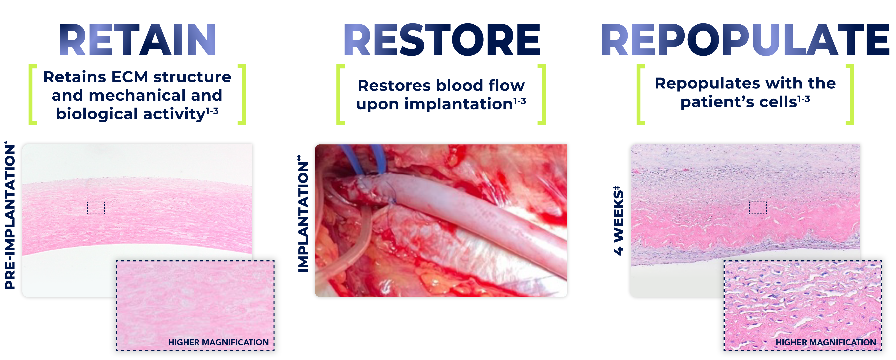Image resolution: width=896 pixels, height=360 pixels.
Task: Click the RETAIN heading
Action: click(x=137, y=40)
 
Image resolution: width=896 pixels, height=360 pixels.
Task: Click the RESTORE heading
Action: click(x=442, y=40)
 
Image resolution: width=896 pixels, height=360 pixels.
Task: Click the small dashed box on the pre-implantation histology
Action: click(x=96, y=208)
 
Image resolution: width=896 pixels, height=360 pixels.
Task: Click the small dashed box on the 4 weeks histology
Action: click(x=758, y=208)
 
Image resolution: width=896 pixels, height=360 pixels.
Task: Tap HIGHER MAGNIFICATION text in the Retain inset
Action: click(x=218, y=342)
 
